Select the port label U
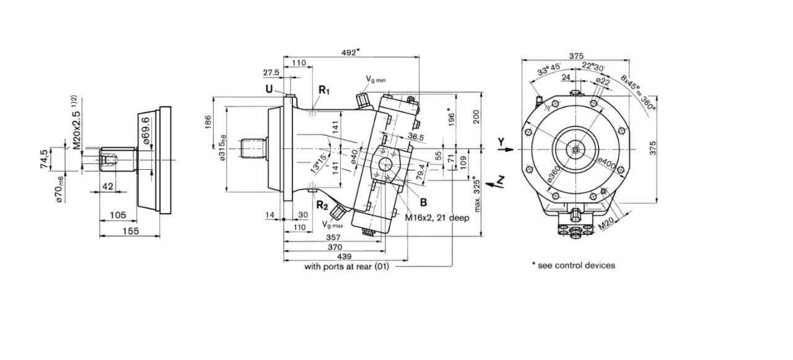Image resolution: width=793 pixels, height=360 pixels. [269, 89]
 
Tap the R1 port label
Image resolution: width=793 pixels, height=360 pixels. [324, 90]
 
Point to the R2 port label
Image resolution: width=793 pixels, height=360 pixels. [322, 205]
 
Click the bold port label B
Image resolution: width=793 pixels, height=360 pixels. [424, 202]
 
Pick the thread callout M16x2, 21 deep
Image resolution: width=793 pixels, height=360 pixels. [437, 218]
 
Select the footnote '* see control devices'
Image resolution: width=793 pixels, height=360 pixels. [573, 265]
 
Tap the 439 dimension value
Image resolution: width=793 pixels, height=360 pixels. [344, 257]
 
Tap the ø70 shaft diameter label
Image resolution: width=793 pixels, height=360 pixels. [59, 189]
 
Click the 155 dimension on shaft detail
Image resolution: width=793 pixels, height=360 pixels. [129, 231]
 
